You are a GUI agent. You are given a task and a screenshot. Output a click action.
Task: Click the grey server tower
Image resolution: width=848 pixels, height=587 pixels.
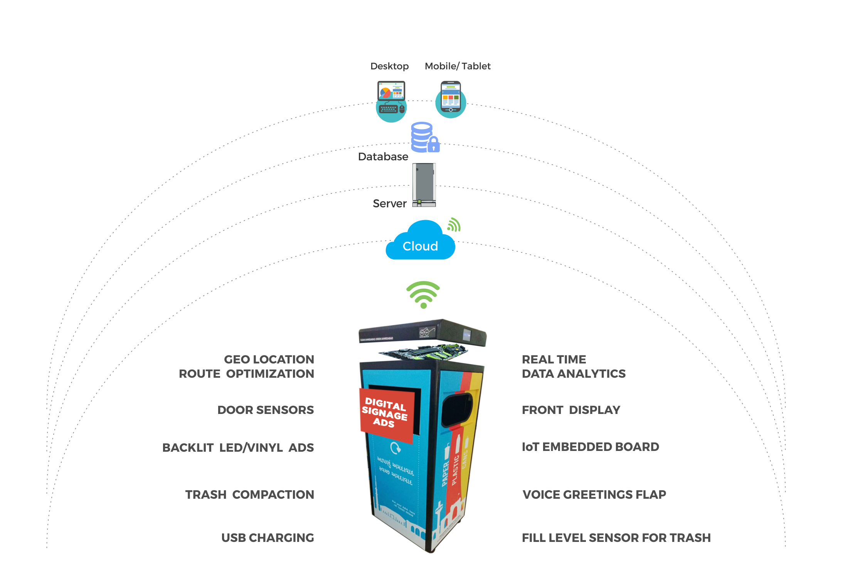(424, 185)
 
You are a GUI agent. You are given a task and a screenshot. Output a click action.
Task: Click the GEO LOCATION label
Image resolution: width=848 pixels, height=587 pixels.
(269, 359)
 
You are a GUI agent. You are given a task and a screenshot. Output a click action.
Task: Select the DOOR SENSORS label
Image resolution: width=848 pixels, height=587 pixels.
(265, 410)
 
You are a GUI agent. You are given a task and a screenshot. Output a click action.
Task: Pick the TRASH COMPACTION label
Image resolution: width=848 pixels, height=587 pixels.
(249, 494)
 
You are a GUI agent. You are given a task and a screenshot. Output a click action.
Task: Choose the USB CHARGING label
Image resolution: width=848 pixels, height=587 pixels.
(268, 538)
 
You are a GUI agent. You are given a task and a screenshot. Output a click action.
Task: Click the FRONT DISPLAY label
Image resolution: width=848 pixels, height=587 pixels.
(571, 410)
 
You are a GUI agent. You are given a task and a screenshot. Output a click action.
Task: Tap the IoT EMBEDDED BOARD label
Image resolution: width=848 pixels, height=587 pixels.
(590, 447)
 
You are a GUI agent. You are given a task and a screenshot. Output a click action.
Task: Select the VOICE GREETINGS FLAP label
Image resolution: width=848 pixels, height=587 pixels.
(594, 494)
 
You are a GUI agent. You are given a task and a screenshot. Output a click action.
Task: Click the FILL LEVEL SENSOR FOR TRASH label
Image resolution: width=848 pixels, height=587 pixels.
(616, 538)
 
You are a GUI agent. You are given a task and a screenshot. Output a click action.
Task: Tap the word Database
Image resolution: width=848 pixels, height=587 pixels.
(383, 156)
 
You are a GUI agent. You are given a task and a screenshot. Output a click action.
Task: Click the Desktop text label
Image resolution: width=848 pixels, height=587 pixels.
(389, 66)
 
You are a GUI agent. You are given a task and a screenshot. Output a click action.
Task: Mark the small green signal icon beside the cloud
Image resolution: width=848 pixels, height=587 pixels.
(454, 225)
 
